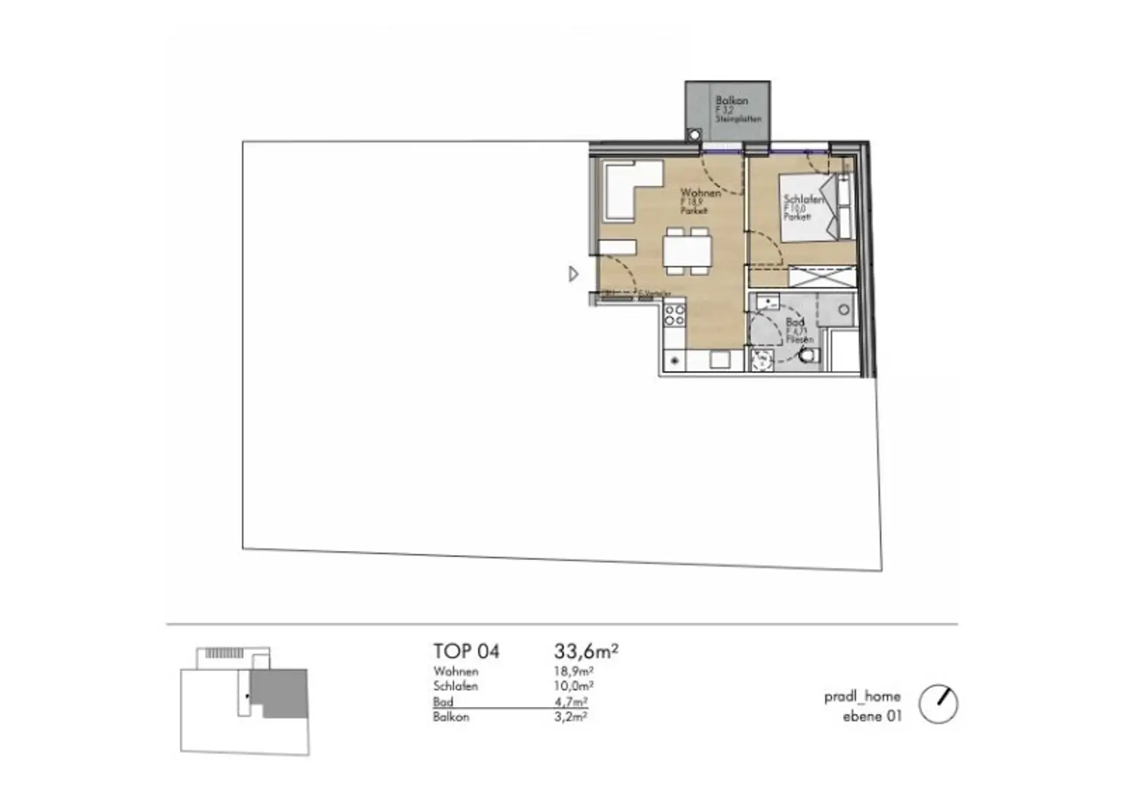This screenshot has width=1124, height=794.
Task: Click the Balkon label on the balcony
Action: tap(731, 101)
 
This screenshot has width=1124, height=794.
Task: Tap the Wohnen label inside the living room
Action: tap(700, 193)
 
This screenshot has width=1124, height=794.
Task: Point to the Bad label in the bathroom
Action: tap(795, 322)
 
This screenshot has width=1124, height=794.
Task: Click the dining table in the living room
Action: tap(686, 252)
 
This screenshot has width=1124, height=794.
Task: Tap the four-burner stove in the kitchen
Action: tap(674, 315)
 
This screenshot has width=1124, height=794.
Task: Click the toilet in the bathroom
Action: tap(807, 356)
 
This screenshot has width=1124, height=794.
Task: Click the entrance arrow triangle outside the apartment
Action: tap(574, 274)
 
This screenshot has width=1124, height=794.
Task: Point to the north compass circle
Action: tap(937, 704)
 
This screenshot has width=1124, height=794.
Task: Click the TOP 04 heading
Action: tap(466, 651)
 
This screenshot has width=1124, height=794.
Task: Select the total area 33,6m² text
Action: tap(586, 651)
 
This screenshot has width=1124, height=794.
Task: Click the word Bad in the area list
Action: tap(443, 702)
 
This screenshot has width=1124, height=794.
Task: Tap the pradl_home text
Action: tap(862, 697)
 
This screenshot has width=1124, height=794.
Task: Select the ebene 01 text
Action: tap(872, 716)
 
